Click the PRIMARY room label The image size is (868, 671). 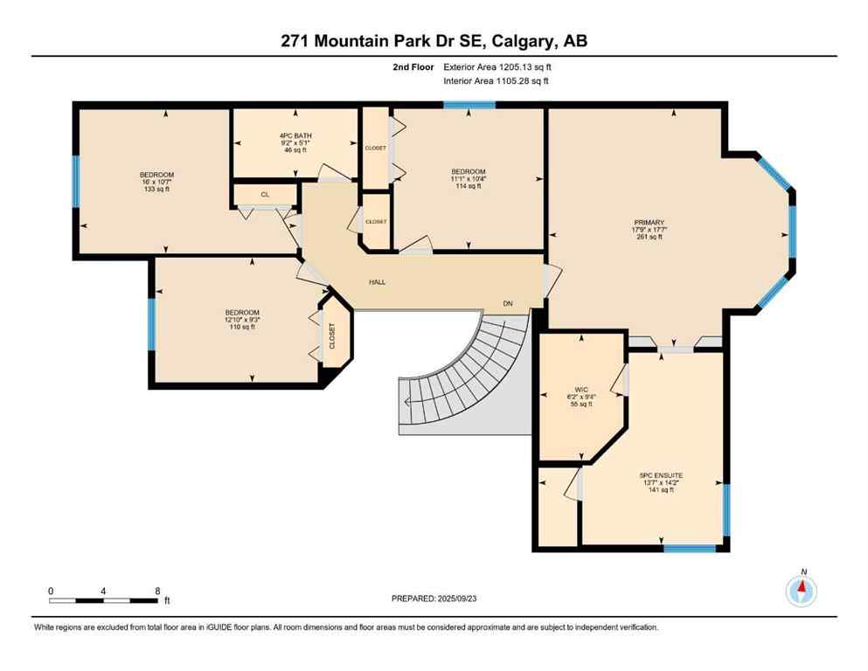coord(649,222)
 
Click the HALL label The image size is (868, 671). coord(377,282)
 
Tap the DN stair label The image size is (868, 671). coord(508,303)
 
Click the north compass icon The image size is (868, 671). coord(802,591)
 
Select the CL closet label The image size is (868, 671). coord(264,195)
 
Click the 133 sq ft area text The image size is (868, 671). coord(156,189)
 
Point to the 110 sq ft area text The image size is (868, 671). coord(242,327)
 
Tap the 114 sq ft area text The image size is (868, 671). coord(468,186)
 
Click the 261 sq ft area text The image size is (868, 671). coord(649,237)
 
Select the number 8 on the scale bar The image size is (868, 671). coord(157,591)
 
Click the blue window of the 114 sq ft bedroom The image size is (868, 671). coord(469,105)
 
